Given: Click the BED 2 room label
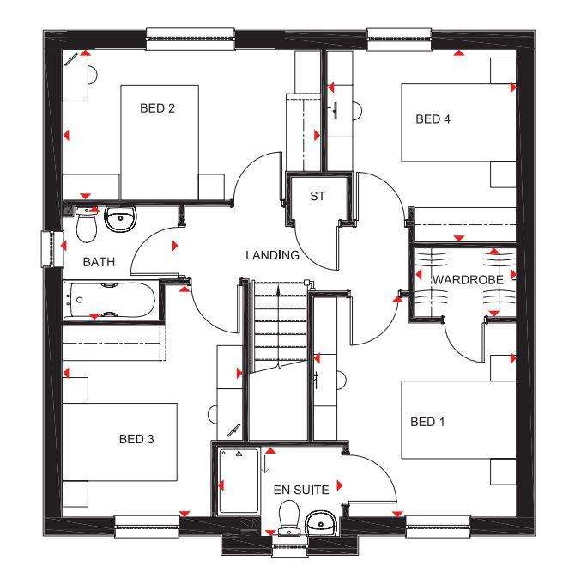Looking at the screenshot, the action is pos(157,108).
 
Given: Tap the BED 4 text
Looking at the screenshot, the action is pos(433,119).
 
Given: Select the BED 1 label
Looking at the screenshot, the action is pos(427,422).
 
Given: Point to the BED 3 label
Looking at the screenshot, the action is pos(136,439).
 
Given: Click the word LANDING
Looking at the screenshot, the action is pos(272,255).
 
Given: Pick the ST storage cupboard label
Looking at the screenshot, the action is pos(318,196).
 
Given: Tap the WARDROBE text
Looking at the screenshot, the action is pos(468,280).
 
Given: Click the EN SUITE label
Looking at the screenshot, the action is pos(301,490).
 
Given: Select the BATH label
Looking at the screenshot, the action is pos(99,262).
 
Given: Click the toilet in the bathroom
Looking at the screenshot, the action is pos(87,225).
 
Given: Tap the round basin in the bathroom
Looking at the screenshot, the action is pos(120,219).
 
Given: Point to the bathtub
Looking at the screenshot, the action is pos(109,300).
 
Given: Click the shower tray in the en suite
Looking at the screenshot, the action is pos(239,481).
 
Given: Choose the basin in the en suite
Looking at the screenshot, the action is pos(321,523).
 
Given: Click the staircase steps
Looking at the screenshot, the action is pos(279,326).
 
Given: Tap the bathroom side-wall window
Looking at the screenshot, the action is pos(52,249).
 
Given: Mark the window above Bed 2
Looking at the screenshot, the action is pos(191,39).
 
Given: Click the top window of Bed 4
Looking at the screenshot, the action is pos(399,39).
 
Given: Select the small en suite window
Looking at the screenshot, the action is pos(289,546).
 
